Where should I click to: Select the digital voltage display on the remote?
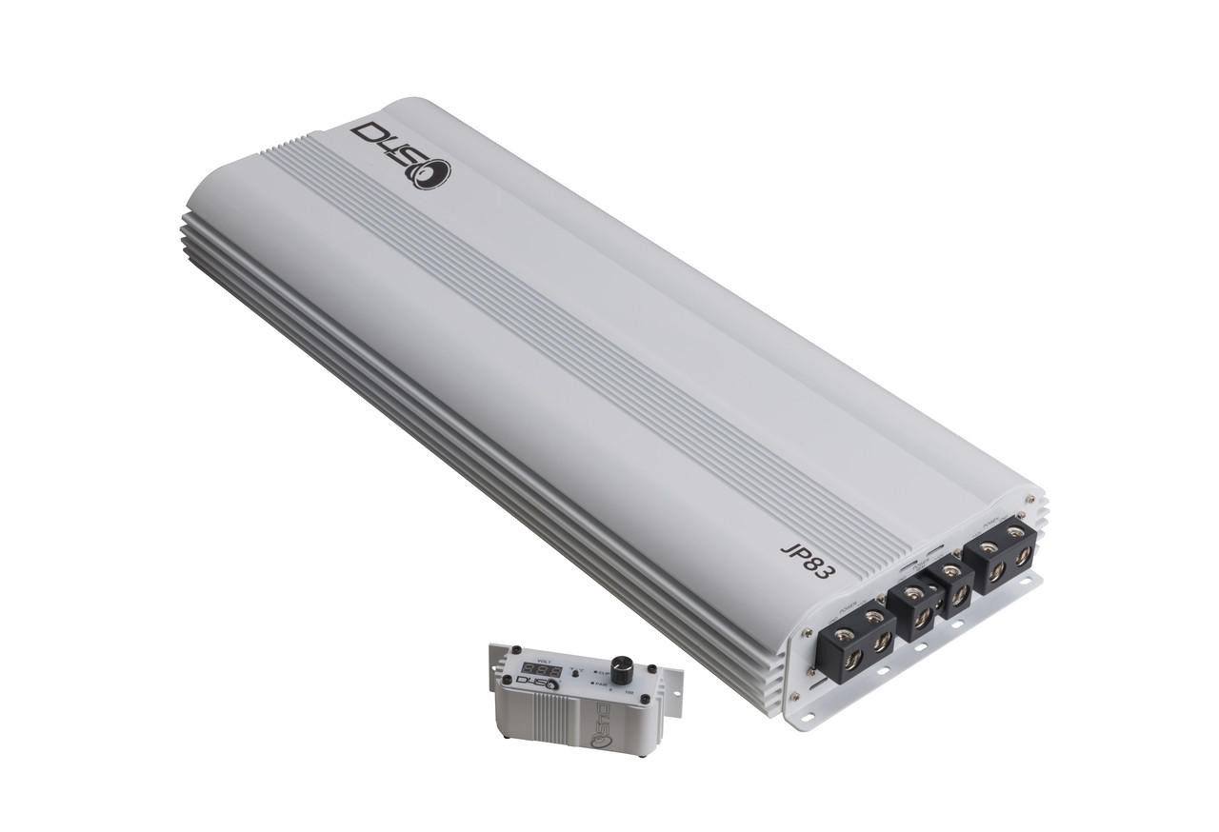[542, 669]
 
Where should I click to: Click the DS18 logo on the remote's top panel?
[536, 683]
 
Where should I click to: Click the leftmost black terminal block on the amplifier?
[855, 642]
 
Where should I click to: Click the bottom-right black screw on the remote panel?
[645, 700]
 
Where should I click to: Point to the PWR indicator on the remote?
[599, 683]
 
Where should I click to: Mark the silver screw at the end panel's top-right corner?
[1029, 499]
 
